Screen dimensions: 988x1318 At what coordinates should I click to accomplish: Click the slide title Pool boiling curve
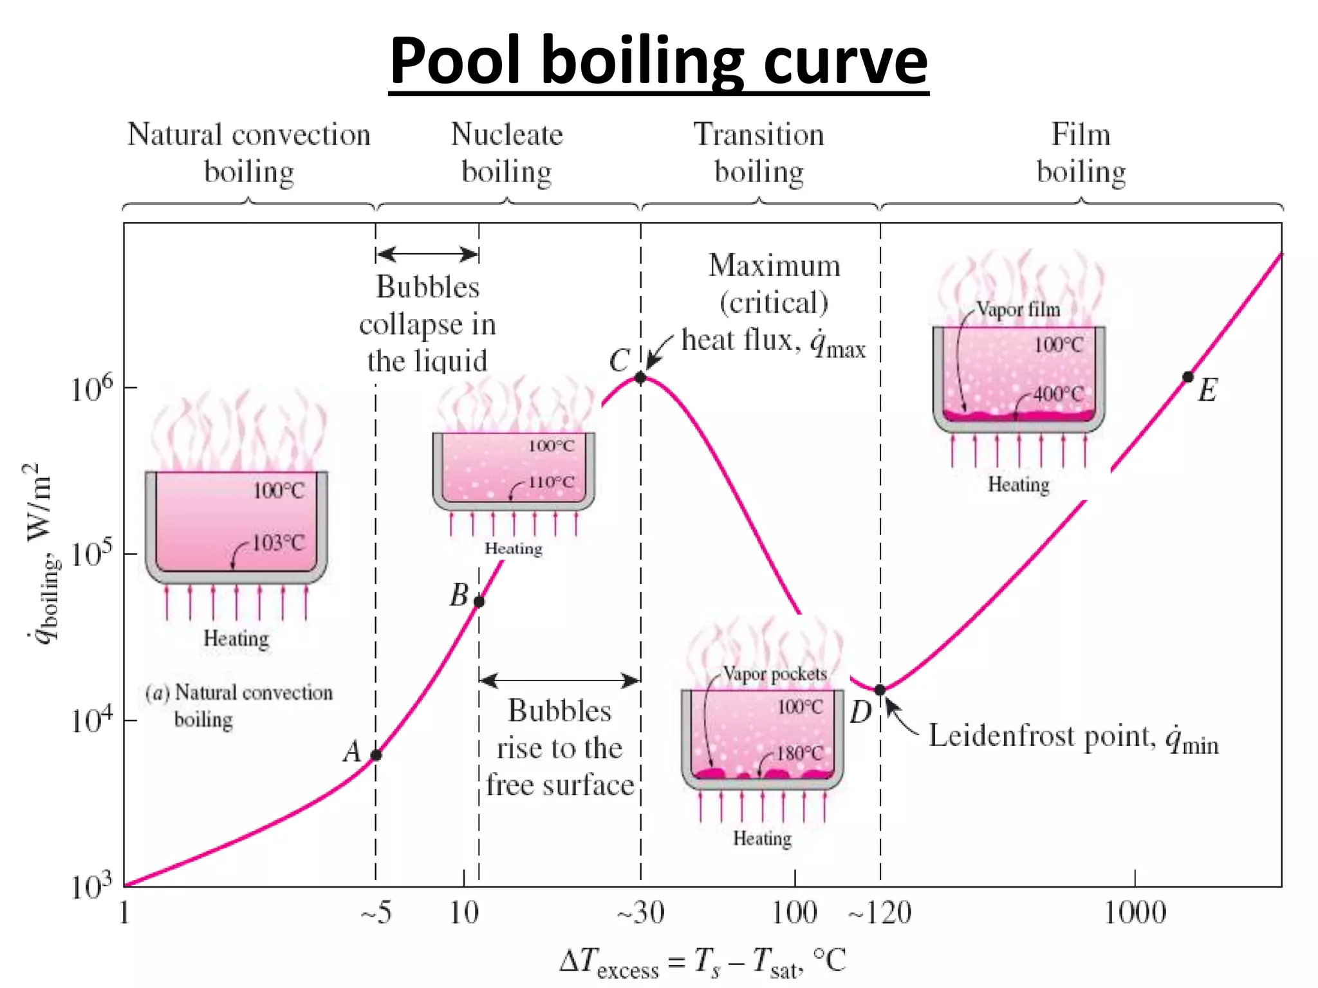click(658, 61)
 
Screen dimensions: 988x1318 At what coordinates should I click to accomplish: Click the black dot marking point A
click(376, 755)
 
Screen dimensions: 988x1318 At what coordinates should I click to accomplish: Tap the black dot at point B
click(479, 602)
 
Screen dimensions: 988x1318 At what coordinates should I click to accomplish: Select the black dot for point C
click(640, 378)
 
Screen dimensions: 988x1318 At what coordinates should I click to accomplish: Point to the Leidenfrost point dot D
click(880, 690)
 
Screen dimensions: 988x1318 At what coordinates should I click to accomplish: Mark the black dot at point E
click(1188, 377)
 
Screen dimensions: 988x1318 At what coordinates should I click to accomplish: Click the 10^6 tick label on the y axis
click(91, 389)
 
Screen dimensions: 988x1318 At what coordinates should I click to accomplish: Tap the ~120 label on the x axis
click(880, 913)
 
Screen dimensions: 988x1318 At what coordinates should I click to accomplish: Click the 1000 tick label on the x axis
click(1135, 913)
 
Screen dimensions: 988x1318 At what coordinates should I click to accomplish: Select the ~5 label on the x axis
click(376, 913)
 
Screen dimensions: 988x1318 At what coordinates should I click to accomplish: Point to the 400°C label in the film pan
click(1059, 394)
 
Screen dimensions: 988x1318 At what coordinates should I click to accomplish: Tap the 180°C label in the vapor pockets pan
click(799, 753)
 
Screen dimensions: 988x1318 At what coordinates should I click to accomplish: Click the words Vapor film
click(1018, 309)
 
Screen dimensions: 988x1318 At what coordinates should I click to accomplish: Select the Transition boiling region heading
click(759, 153)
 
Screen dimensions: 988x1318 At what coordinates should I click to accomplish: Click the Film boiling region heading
click(1081, 153)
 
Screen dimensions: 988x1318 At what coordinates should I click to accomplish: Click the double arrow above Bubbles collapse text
click(427, 254)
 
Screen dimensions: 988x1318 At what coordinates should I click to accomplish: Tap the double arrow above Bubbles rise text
click(559, 680)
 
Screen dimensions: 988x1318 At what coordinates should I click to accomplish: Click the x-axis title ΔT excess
click(701, 962)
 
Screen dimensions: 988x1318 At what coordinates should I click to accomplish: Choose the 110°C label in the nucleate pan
click(552, 482)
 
